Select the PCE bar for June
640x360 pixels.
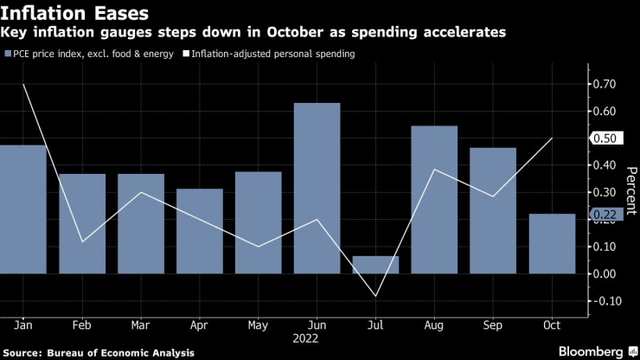[317, 189]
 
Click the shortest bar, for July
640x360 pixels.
[375, 265]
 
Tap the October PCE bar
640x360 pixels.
[552, 244]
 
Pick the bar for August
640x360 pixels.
[434, 200]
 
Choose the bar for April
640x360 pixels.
[199, 231]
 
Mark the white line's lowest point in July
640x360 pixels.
[375, 296]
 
